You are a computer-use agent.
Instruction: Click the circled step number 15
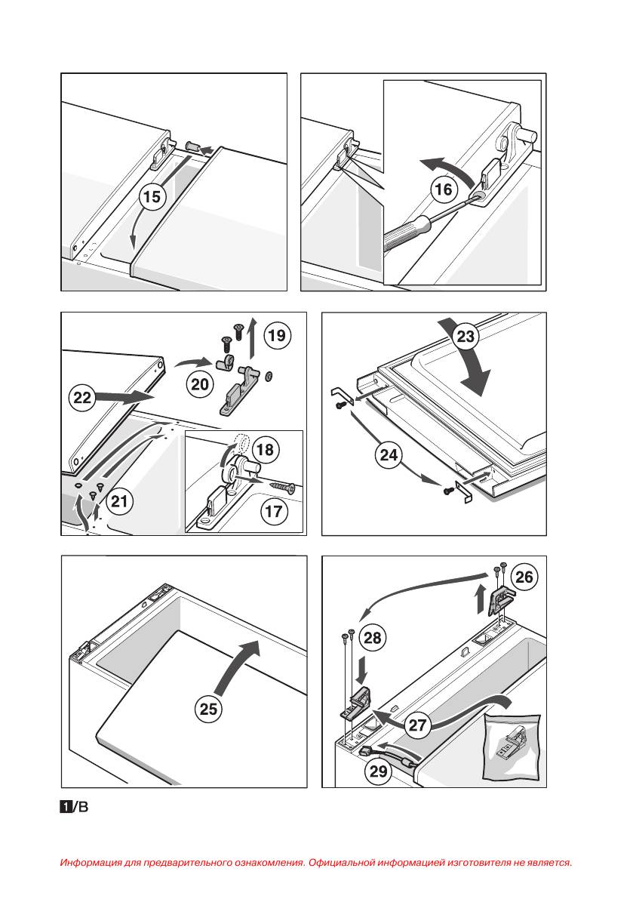pos(152,197)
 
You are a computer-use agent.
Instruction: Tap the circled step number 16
pos(444,189)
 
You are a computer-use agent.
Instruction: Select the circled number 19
pos(277,335)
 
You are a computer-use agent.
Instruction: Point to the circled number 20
pos(200,384)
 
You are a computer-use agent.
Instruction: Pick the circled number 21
pos(120,500)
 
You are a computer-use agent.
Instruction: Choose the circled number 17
pos(274,512)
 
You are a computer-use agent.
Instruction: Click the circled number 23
pos(466,337)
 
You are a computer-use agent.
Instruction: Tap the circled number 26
pos(523,577)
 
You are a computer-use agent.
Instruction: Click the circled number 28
pos(372,638)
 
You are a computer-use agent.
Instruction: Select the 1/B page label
pos(74,808)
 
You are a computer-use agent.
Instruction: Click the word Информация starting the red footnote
pos(86,862)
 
